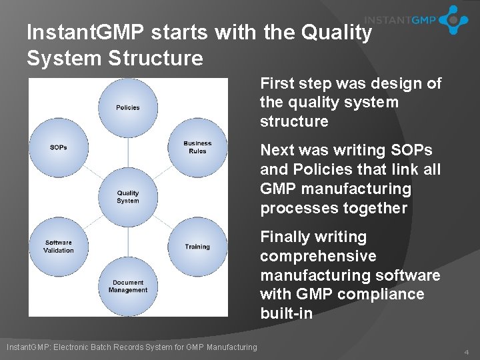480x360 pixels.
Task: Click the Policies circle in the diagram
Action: [128, 107]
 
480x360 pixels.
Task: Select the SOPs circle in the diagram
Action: [59, 147]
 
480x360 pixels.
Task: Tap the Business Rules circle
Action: [197, 147]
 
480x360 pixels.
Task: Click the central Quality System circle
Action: [128, 197]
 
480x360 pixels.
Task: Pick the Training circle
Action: [197, 247]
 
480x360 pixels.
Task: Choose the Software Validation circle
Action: [59, 247]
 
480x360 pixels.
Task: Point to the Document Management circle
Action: [128, 287]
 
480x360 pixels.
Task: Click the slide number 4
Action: [466, 351]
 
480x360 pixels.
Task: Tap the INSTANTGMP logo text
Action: [400, 20]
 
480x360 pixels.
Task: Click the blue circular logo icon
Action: [454, 20]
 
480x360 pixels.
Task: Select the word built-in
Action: [286, 313]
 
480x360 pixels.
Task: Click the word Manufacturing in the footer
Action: [231, 347]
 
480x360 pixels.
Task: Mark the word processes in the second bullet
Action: [291, 208]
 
